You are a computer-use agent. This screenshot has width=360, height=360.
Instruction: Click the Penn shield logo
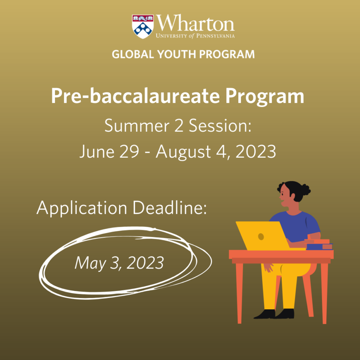pyautogui.click(x=143, y=27)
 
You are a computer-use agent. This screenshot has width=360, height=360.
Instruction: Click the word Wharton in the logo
pyautogui.click(x=195, y=23)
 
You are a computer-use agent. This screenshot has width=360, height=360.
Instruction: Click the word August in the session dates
pyautogui.click(x=183, y=152)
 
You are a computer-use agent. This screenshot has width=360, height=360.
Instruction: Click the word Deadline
pyautogui.click(x=170, y=208)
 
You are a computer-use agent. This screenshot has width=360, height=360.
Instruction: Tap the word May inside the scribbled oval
pyautogui.click(x=90, y=263)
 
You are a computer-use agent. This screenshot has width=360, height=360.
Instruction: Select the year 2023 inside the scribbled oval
pyautogui.click(x=145, y=262)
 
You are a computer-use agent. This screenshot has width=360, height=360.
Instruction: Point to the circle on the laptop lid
pyautogui.click(x=261, y=236)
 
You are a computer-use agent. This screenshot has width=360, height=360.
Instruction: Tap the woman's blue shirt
pyautogui.click(x=296, y=227)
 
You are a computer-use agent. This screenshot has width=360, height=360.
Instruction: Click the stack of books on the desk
pyautogui.click(x=319, y=244)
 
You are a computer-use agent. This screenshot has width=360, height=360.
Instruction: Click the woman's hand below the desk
pyautogui.click(x=268, y=267)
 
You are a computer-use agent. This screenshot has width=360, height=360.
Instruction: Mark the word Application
pyautogui.click(x=82, y=208)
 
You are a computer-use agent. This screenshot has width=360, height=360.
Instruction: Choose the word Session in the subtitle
pyautogui.click(x=220, y=126)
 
